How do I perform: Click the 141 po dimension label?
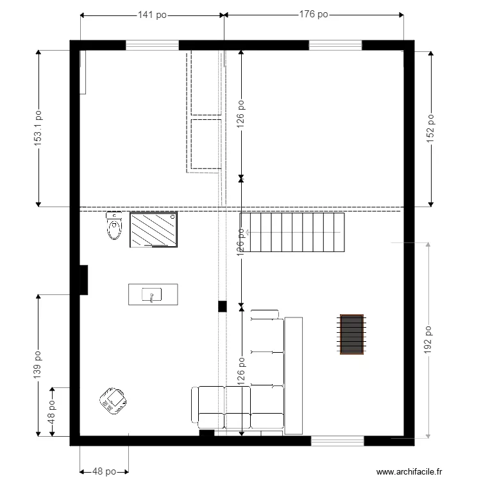tap(152, 15)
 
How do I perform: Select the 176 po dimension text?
tap(314, 15)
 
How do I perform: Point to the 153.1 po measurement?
tap(38, 128)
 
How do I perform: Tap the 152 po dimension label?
tap(431, 128)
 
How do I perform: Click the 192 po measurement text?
tap(428, 340)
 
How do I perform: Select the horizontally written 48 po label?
tap(104, 471)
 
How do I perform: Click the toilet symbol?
tap(114, 226)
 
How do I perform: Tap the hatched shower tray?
tap(154, 230)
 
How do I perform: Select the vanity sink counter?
tap(153, 295)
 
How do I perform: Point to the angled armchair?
tap(114, 401)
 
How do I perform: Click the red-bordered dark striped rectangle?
tap(351, 333)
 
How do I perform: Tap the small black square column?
tap(222, 307)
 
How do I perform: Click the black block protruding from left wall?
tap(82, 280)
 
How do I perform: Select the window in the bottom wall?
tap(337, 441)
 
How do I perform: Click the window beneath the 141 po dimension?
tap(152, 45)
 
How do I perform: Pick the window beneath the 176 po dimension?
tap(335, 45)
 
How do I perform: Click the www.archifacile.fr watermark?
tap(409, 471)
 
